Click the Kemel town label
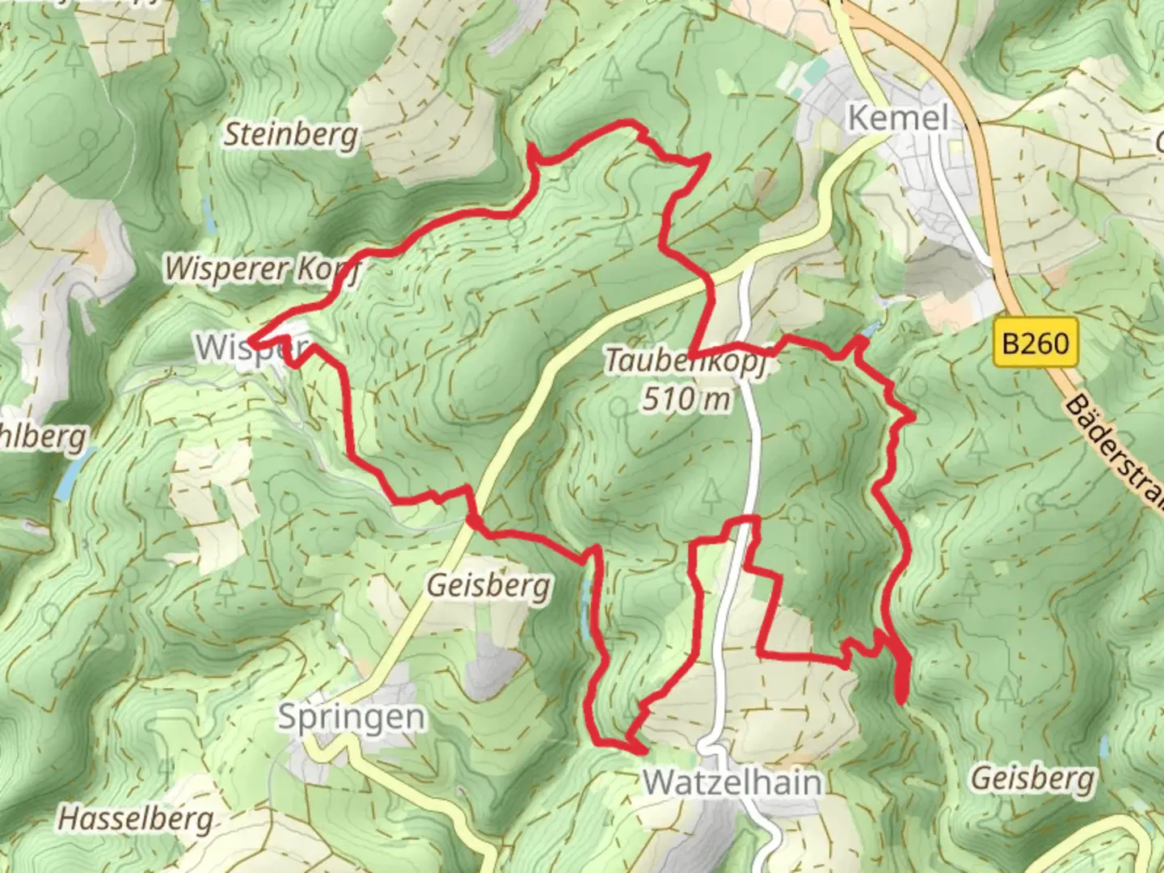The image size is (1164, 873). pyautogui.click(x=897, y=119)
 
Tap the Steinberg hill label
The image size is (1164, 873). pyautogui.click(x=290, y=134)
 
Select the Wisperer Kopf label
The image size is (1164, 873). pyautogui.click(x=261, y=268)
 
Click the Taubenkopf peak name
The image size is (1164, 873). pyautogui.click(x=686, y=362)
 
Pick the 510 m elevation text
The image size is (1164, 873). pyautogui.click(x=686, y=399)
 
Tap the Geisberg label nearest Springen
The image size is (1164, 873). pyautogui.click(x=488, y=584)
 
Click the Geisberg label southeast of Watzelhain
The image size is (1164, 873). pyautogui.click(x=1032, y=778)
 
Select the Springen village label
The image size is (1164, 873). pyautogui.click(x=351, y=717)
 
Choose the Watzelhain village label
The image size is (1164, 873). pyautogui.click(x=732, y=782)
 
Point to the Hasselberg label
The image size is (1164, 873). pyautogui.click(x=136, y=819)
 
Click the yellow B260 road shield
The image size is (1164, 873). pyautogui.click(x=1035, y=344)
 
